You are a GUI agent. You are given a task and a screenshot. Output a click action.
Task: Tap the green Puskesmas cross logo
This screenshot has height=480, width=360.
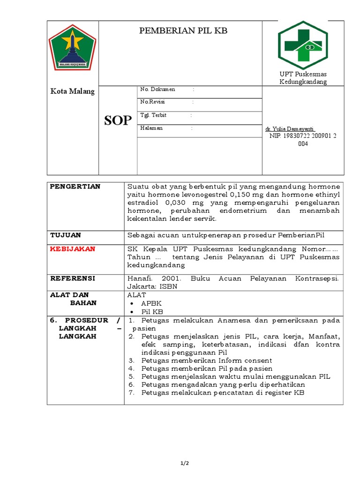coord(303,45)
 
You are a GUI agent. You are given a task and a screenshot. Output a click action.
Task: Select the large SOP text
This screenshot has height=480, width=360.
coord(118,120)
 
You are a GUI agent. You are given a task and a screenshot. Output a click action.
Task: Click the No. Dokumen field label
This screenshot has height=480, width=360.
coord(157,89)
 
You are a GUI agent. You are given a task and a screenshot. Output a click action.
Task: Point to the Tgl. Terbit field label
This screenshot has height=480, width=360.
coord(153,115)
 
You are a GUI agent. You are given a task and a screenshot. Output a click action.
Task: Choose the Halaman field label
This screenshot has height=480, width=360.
coord(151,128)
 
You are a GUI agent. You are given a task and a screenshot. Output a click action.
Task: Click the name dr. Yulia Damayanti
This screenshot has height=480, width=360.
coord(290,129)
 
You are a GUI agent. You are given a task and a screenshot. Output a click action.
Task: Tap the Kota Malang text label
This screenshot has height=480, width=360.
coord(73,91)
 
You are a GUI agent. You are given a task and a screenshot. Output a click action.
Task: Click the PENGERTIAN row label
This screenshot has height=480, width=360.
coord(75,187)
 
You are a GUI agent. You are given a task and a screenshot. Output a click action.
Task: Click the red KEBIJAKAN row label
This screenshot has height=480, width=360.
coord(73,249)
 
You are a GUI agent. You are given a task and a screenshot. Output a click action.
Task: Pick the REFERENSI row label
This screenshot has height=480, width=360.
coord(73,278)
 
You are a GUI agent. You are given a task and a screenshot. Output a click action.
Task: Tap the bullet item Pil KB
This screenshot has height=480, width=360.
coord(152,312)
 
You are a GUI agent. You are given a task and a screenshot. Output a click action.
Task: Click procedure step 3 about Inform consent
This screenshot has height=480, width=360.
coord(206,360)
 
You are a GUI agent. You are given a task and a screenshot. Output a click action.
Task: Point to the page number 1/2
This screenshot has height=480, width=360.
coord(184,464)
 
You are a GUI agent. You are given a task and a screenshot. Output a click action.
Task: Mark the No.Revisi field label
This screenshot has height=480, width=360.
coord(153,102)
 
